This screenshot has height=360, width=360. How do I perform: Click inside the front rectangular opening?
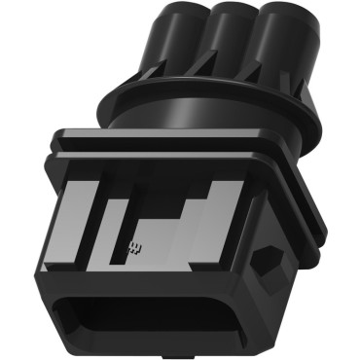[x=146, y=321]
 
